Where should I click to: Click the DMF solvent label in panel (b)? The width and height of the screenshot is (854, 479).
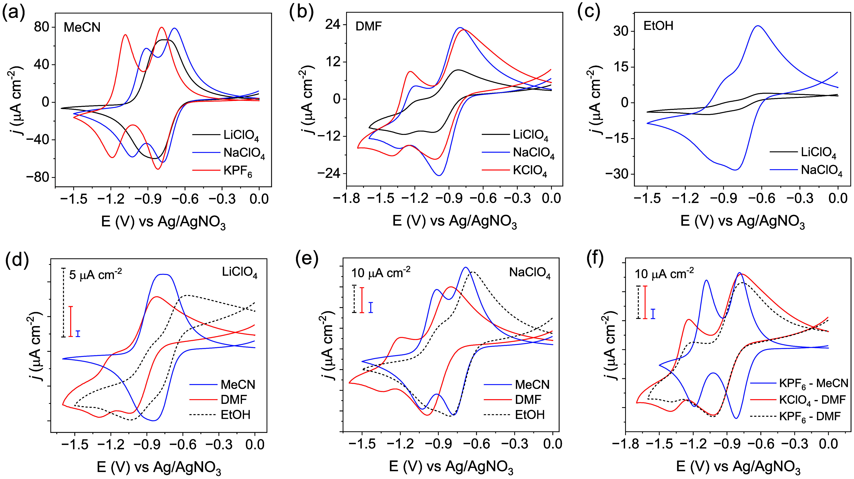[369, 26]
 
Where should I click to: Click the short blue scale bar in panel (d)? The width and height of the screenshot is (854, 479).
[78, 333]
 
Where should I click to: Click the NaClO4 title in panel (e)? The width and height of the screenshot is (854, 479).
[530, 274]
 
